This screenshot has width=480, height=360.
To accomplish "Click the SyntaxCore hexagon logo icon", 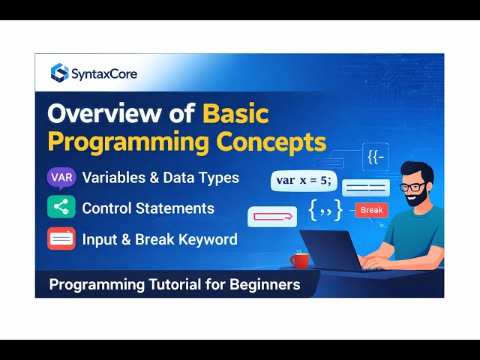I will coord(59,73).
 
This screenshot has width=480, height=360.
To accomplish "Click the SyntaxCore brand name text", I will coord(104,73).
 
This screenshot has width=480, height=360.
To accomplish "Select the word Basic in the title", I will coord(235,113).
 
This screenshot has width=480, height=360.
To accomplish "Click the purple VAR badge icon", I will coord(61,178).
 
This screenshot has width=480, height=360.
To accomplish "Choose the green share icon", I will coord(61,208).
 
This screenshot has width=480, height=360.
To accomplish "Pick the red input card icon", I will coord(61,239).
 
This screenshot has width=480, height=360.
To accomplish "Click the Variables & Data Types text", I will coord(160,178).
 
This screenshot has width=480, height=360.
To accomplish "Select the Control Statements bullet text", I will coord(148,208).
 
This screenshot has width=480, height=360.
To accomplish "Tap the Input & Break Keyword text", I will coord(160,239).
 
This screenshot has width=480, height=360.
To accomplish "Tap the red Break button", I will coord(371,210).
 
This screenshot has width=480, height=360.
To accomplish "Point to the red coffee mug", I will coord(300,259).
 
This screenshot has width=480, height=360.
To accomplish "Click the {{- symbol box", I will coord(376,157).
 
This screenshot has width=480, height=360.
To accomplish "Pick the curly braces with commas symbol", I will coord(325,211).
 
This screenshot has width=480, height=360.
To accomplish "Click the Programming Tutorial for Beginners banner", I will coord(175,284).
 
